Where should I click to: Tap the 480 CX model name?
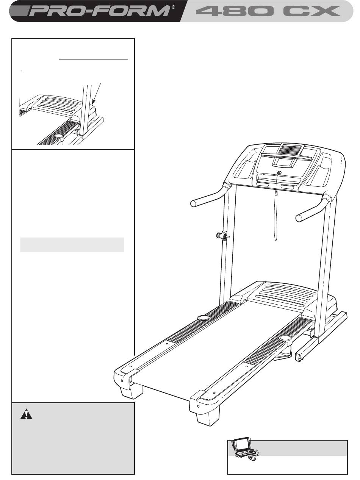click(268, 11)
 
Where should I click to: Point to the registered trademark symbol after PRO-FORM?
click(173, 7)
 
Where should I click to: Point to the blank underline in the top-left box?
click(93, 59)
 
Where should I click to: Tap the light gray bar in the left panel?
click(72, 245)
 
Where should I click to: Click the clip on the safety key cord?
click(276, 193)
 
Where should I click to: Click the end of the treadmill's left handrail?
click(193, 203)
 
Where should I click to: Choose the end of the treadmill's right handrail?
click(299, 218)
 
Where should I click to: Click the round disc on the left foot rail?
click(203, 318)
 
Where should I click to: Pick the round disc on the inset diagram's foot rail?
click(58, 136)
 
